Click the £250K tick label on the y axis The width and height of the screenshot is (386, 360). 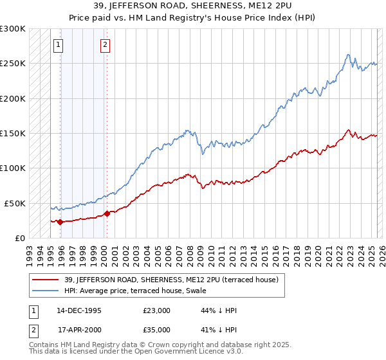[x=13, y=64]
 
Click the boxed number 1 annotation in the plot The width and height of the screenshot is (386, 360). [x=59, y=45]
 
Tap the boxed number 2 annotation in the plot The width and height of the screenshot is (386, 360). [x=104, y=45]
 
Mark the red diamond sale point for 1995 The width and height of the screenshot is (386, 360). [x=60, y=222]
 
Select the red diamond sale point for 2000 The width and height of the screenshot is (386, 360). [x=107, y=213]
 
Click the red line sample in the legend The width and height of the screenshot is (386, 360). [x=45, y=280]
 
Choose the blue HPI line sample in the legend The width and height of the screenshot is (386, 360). [x=45, y=291]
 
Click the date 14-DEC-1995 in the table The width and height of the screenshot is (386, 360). [x=78, y=310]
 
